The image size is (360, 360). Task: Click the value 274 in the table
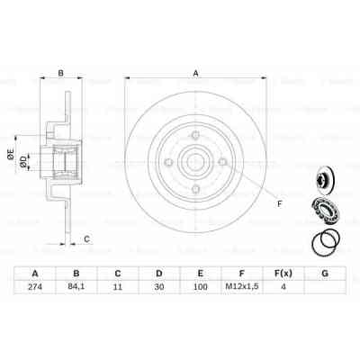pos(35,289)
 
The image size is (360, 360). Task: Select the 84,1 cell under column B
pos(78,289)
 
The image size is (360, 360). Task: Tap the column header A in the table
pos(35,273)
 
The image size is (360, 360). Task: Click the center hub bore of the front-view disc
pos(195,163)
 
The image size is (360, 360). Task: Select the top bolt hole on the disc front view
pos(195,138)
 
